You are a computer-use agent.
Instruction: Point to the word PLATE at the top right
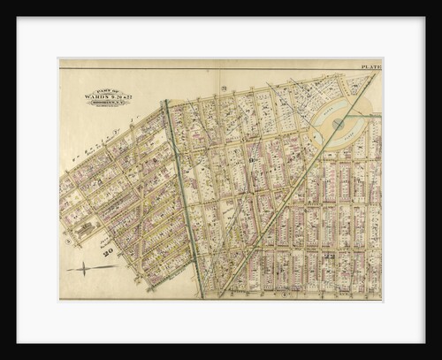click(370, 66)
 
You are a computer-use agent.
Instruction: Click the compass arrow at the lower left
click(85, 268)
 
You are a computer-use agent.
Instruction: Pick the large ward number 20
click(109, 254)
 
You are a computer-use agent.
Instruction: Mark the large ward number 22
click(330, 257)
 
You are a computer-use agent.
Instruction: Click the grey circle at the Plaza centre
click(339, 125)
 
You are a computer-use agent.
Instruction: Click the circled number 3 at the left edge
click(67, 239)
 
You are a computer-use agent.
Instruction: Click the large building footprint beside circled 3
click(84, 231)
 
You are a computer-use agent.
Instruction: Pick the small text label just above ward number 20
click(108, 243)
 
